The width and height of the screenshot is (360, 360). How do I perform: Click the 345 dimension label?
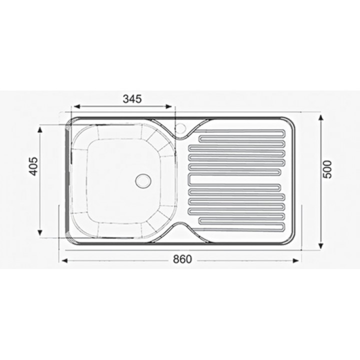click(132, 99)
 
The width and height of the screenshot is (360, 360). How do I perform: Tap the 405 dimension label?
click(34, 166)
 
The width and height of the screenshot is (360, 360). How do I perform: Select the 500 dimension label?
click(327, 169)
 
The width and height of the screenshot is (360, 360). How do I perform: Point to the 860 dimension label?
click(182, 259)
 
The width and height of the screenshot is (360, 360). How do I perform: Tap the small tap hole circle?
click(181, 128)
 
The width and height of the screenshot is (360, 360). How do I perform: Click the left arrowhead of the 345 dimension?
click(75, 106)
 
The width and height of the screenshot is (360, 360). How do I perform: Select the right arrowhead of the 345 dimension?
click(169, 106)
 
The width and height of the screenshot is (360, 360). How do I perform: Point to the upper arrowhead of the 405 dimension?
click(40, 130)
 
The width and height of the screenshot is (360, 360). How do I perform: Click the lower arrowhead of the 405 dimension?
click(40, 233)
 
